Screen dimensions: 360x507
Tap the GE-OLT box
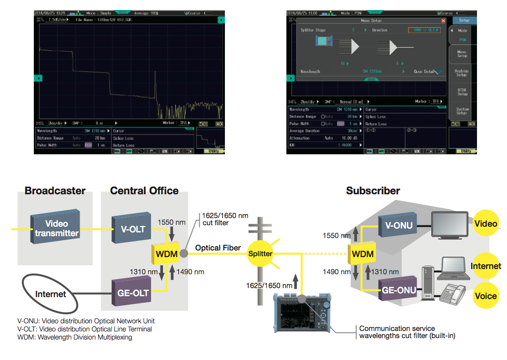130,291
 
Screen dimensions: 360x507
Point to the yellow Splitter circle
260,254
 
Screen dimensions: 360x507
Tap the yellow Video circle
486,223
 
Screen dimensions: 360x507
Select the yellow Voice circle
486,296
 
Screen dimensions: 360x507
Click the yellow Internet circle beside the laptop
486,265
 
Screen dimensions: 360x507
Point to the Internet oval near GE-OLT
51,294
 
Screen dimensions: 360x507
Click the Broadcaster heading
55,191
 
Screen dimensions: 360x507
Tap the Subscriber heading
373,191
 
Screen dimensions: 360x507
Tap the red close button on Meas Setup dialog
443,21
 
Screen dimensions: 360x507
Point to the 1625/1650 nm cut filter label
225,219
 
